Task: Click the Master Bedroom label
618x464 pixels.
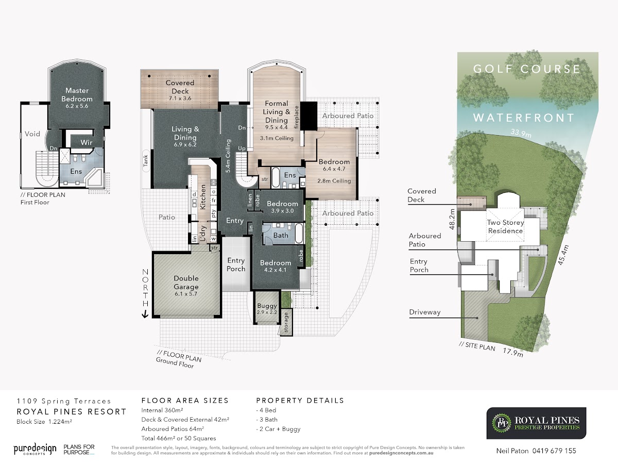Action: click(77, 95)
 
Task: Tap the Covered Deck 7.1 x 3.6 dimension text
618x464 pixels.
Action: click(180, 98)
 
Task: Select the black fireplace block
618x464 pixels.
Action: click(309, 116)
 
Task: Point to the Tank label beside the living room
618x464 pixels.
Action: click(146, 160)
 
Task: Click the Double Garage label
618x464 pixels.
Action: click(186, 283)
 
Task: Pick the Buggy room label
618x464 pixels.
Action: click(267, 306)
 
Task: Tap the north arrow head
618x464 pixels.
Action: click(145, 314)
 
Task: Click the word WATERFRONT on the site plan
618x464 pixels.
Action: click(523, 118)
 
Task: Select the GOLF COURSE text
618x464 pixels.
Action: click(526, 69)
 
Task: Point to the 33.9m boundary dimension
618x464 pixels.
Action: click(521, 133)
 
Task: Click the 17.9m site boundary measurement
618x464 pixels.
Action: click(513, 353)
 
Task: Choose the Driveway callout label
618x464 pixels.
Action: click(424, 312)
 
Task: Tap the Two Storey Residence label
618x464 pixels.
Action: click(505, 226)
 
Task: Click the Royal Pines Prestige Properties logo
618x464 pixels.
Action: click(536, 423)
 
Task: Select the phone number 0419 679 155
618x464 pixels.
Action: click(554, 451)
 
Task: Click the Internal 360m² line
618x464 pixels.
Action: click(162, 410)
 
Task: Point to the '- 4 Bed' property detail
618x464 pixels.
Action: click(266, 410)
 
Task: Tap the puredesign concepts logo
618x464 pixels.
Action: click(35, 449)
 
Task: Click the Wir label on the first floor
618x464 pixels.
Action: click(87, 142)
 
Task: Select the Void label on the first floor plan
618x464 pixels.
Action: click(32, 134)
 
